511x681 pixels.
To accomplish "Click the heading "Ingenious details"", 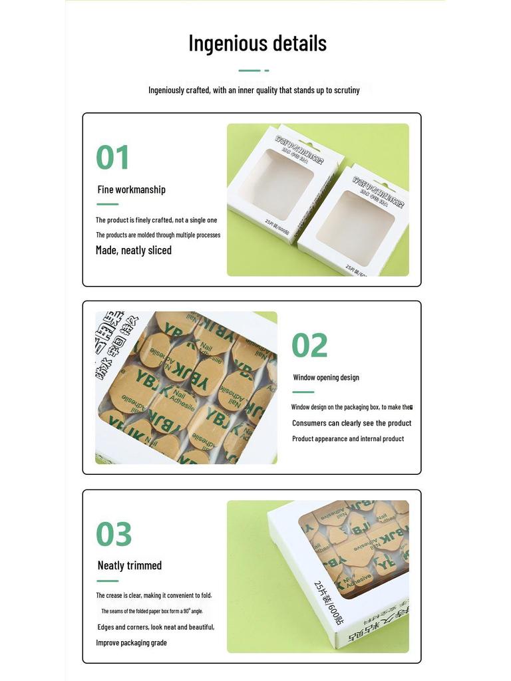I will tap(257, 43).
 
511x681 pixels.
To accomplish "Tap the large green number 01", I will tap(112, 158).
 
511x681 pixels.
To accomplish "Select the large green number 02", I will tap(309, 345).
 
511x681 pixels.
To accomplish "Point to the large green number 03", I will tap(114, 534).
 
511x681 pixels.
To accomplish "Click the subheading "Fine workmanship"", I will tap(132, 190).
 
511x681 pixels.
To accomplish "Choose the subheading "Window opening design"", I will tap(326, 378).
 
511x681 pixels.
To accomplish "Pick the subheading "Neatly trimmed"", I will tap(130, 565).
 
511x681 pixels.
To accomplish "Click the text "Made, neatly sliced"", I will tap(134, 250).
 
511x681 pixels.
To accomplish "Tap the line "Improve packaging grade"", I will tap(131, 642).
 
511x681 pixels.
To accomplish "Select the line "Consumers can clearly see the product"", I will tap(351, 423).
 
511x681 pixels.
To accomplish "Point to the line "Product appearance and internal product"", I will tap(348, 439).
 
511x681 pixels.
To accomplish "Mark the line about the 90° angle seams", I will tap(152, 611).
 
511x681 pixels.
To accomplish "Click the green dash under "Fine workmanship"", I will tap(107, 204).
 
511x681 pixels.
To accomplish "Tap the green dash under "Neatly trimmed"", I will tap(107, 581).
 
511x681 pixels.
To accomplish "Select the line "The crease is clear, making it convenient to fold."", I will tap(154, 595).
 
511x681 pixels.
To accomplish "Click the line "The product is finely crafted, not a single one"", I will tap(156, 220).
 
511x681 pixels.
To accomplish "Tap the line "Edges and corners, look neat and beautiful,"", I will tap(156, 627).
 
